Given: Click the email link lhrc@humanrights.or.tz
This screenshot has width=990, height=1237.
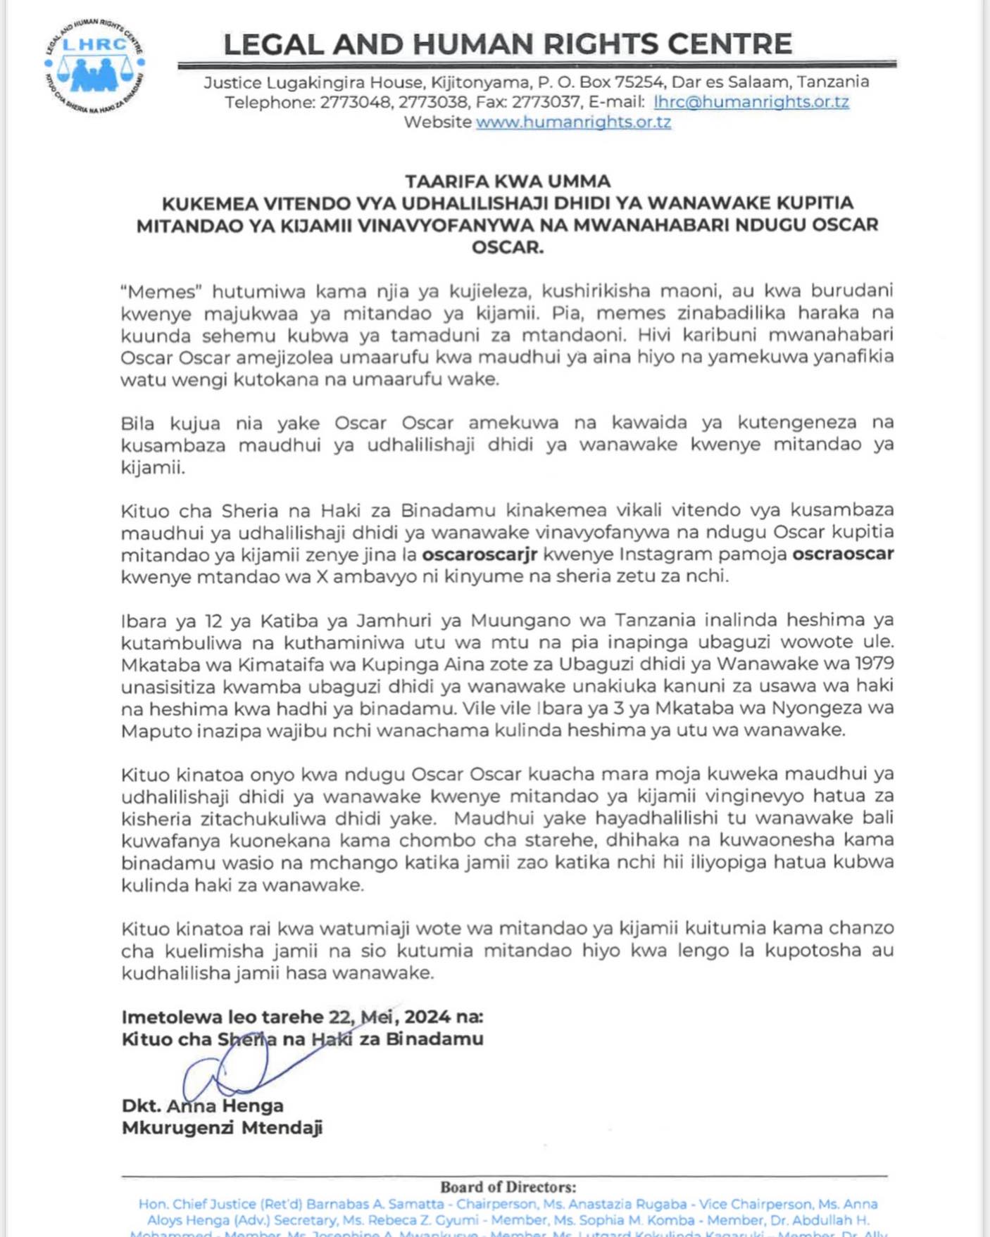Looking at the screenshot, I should (x=751, y=102).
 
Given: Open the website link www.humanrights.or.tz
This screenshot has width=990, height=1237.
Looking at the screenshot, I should (x=573, y=122).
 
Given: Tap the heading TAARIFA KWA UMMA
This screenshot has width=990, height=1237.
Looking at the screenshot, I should (x=508, y=182).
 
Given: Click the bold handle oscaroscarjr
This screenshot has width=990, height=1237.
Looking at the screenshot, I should (x=480, y=554).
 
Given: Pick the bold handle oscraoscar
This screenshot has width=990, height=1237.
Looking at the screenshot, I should (x=843, y=554).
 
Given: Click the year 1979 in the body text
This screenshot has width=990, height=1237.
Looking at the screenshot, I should (x=870, y=664).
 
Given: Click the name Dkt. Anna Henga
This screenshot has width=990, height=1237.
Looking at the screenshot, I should (x=203, y=1106).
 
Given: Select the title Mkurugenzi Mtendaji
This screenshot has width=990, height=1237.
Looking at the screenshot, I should (x=222, y=1128).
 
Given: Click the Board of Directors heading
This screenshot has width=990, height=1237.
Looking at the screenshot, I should (x=508, y=1188).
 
